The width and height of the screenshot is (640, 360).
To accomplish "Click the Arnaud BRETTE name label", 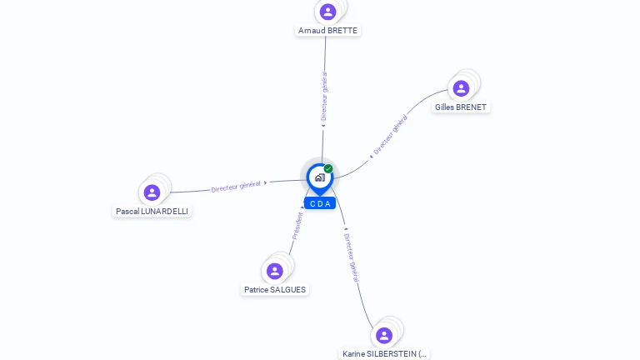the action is point(327,31).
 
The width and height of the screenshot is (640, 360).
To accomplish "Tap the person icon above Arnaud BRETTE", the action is point(327,12).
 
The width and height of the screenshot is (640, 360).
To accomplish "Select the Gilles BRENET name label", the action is point(460,107).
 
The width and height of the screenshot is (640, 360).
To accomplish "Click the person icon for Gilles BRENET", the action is point(461,88).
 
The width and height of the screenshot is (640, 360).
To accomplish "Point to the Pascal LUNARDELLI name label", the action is point(152,212).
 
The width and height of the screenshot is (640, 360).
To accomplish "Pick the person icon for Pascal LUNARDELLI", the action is point(152,192).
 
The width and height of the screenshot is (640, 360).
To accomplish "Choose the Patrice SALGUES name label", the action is point(275,290).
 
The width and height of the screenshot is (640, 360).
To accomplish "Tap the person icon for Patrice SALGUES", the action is point(275,271).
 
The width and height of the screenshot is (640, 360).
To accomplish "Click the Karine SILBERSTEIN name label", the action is point(384,354).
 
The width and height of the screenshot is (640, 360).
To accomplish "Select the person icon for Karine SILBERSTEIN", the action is point(384,335).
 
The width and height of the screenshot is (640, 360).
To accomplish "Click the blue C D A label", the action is point(320,203).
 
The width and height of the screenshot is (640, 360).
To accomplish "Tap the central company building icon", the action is point(319,177).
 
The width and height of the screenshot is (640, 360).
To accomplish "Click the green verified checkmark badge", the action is point(328,169).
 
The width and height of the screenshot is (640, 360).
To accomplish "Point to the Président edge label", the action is point(297,226).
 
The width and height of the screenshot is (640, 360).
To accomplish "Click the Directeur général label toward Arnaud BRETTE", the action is point(324,97).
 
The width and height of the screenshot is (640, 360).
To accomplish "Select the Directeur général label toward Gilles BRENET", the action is point(390,135).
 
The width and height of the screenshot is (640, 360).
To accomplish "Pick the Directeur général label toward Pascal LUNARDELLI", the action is point(236,186).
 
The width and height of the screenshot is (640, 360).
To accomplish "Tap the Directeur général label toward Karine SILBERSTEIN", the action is point(351,257).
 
